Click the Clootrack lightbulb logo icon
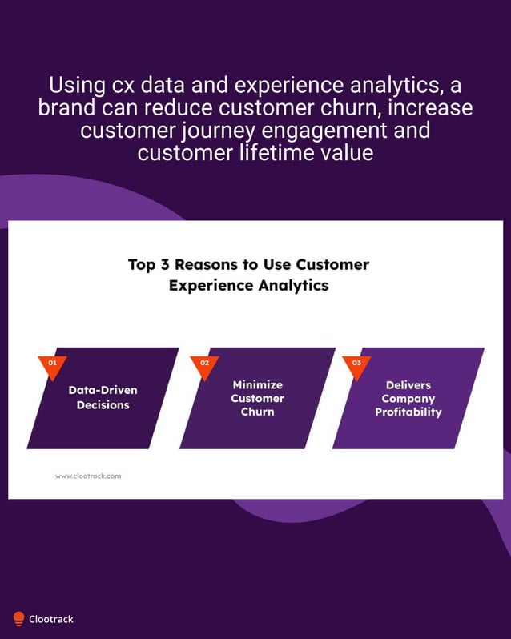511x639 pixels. click(18, 618)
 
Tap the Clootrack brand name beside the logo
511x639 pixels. click(51, 619)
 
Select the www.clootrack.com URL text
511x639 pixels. click(88, 476)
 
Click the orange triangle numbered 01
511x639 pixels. click(53, 365)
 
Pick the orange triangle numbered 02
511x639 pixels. click(205, 365)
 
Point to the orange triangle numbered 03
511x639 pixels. click(356, 365)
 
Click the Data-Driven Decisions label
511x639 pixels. click(103, 397)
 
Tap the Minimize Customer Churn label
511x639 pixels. click(257, 398)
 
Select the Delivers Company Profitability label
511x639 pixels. click(408, 398)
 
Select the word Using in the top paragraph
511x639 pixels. click(72, 85)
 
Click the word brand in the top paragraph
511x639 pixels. click(66, 107)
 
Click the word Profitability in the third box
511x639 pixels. click(408, 412)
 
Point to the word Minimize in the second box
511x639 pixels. click(257, 384)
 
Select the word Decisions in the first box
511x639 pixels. click(103, 405)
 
